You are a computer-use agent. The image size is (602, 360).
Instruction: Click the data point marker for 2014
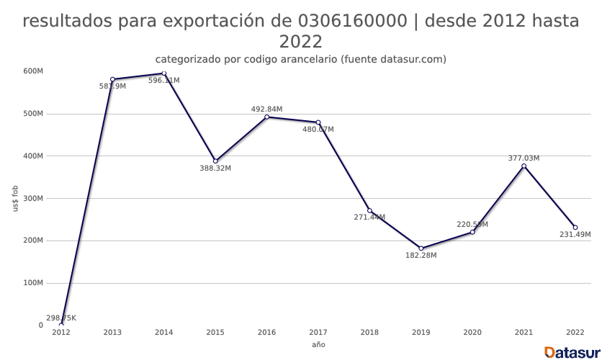[x=164, y=73]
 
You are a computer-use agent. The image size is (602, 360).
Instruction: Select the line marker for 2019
[x=421, y=248]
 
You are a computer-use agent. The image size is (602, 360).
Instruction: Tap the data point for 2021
[x=524, y=166]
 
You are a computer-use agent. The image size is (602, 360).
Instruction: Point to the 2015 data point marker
[x=215, y=161]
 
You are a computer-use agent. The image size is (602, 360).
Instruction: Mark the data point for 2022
[x=575, y=228]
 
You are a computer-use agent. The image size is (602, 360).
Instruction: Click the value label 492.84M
[x=266, y=109]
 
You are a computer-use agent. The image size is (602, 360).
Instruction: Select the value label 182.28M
[x=421, y=256]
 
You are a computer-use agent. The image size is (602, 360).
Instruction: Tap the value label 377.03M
[x=524, y=158]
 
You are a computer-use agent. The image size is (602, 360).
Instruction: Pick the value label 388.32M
[x=215, y=168]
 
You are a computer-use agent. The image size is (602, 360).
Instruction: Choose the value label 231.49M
[x=575, y=235]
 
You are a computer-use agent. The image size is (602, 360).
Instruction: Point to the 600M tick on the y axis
[x=33, y=71]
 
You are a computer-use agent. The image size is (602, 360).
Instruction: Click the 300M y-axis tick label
[x=33, y=199]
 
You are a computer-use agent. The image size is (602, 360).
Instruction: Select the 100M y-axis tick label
[x=33, y=283]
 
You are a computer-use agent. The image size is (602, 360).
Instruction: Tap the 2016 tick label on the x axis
[x=266, y=333]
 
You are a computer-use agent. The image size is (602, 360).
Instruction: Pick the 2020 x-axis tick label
[x=472, y=333]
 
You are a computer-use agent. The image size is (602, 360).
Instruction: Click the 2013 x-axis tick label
[x=112, y=333]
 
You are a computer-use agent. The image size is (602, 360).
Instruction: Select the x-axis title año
[x=318, y=345]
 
